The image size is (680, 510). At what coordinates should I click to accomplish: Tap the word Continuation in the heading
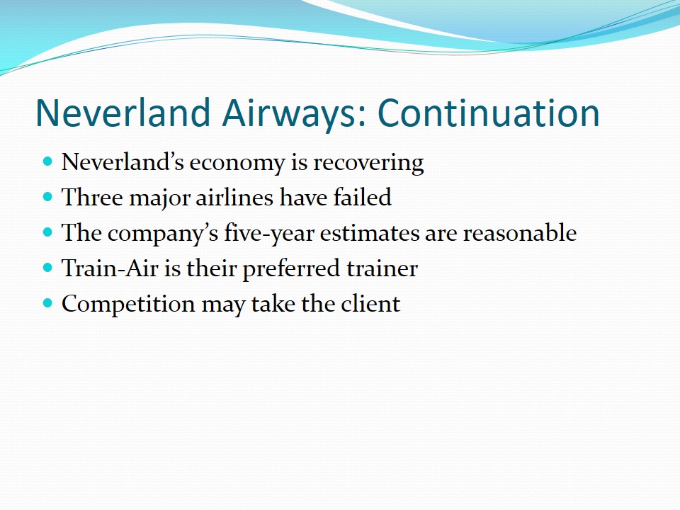pyautogui.click(x=489, y=113)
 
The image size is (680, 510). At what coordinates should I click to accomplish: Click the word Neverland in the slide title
pyautogui.click(x=123, y=113)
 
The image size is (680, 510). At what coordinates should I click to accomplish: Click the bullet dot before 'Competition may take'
pyautogui.click(x=47, y=303)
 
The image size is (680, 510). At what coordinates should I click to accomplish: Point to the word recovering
pyautogui.click(x=368, y=164)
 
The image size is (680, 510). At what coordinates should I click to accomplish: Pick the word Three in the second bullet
pyautogui.click(x=92, y=198)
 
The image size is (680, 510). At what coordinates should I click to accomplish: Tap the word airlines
pyautogui.click(x=234, y=198)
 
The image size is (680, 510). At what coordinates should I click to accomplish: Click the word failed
pyautogui.click(x=362, y=198)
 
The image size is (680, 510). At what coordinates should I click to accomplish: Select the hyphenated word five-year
pyautogui.click(x=269, y=234)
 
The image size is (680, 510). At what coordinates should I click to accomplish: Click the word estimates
pyautogui.click(x=370, y=234)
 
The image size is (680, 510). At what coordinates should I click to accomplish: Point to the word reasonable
pyautogui.click(x=520, y=233)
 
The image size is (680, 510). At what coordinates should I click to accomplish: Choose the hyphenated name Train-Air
pyautogui.click(x=110, y=268)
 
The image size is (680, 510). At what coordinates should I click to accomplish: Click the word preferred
pyautogui.click(x=291, y=269)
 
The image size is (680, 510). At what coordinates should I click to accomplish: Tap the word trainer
pyautogui.click(x=382, y=268)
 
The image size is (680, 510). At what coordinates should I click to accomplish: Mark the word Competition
pyautogui.click(x=128, y=305)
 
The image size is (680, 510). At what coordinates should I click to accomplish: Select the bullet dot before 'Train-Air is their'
pyautogui.click(x=47, y=268)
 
